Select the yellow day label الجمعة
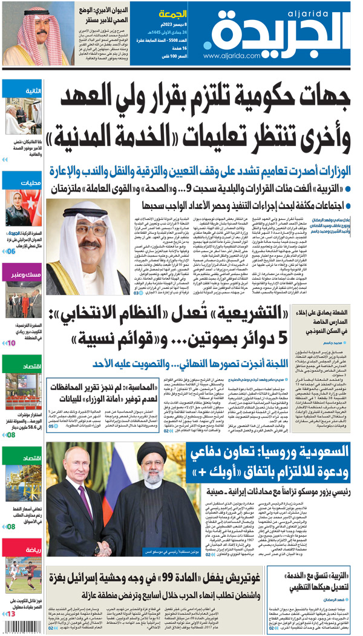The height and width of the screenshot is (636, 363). tap(172, 13)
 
